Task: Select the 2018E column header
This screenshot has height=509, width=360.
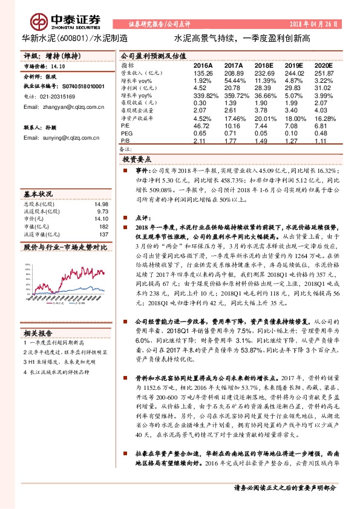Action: point(264,65)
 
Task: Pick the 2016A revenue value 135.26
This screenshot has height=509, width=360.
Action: point(202,72)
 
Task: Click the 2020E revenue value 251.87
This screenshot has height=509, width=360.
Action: point(324,72)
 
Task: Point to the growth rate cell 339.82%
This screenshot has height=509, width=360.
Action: point(205,96)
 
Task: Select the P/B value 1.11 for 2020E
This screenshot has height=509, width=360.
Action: point(324,141)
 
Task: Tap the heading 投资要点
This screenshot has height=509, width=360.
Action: point(136,160)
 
